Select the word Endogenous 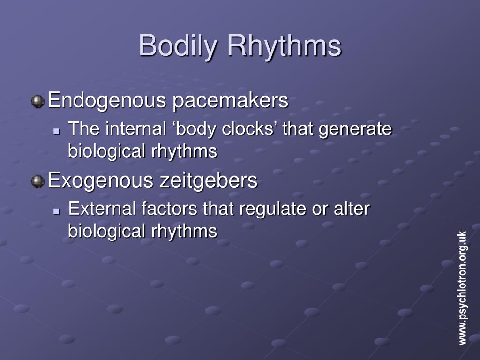pyautogui.click(x=107, y=100)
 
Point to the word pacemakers pyautogui.click(x=230, y=100)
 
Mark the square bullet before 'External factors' pyautogui.click(x=57, y=211)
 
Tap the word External pyautogui.click(x=102, y=209)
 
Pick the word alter pyautogui.click(x=352, y=209)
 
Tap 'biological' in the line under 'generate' pyautogui.click(x=106, y=151)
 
